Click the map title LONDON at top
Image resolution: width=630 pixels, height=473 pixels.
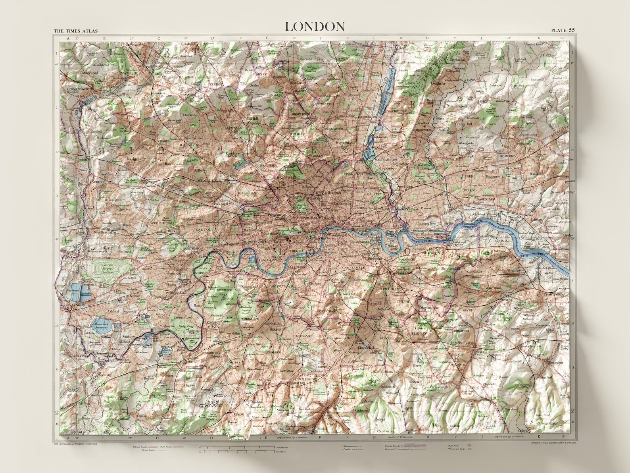point(315,26)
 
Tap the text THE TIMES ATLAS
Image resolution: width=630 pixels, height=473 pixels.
point(75,31)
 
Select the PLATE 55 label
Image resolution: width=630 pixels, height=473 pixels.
point(563,30)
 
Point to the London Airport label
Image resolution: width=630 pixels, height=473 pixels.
point(108,266)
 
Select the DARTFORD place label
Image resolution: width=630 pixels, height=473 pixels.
point(554,294)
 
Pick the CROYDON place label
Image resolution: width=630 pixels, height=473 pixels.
point(323,367)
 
